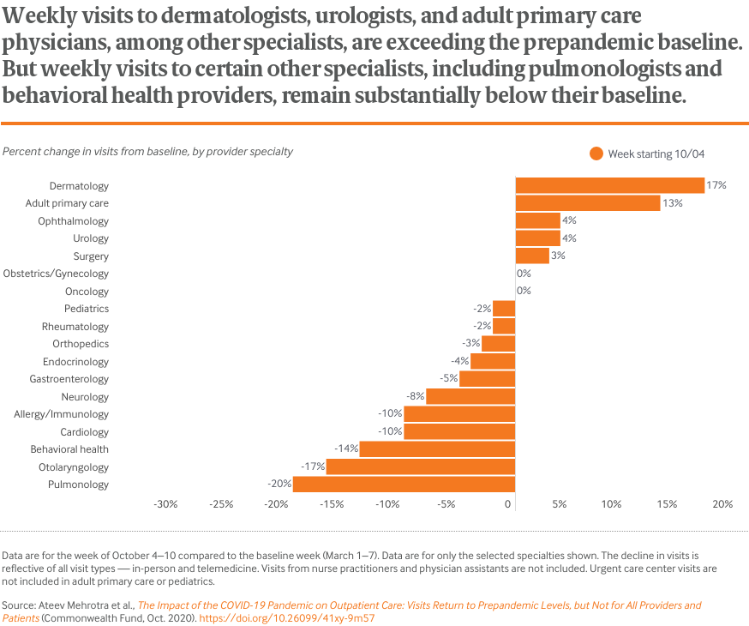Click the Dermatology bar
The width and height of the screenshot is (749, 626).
(609, 185)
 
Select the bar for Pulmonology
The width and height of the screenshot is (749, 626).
(404, 485)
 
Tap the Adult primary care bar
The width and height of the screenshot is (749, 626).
(587, 203)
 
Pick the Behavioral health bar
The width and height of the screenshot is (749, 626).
(437, 449)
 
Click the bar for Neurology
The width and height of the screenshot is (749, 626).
(470, 397)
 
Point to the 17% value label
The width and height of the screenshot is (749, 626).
(716, 185)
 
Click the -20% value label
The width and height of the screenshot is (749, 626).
(280, 485)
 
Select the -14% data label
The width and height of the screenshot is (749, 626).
(347, 449)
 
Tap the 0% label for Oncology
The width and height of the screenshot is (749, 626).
(524, 291)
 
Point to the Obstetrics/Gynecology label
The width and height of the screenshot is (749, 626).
(57, 274)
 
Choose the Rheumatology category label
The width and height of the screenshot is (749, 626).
(75, 327)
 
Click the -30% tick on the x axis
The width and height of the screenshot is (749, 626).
(165, 504)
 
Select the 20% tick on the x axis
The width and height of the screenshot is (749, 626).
(722, 504)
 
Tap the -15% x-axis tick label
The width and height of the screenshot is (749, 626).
(333, 504)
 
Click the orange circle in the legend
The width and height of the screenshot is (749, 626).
(596, 153)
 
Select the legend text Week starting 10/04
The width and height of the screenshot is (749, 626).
(656, 153)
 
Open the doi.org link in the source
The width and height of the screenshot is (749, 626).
(287, 617)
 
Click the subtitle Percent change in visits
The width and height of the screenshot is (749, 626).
(147, 152)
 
